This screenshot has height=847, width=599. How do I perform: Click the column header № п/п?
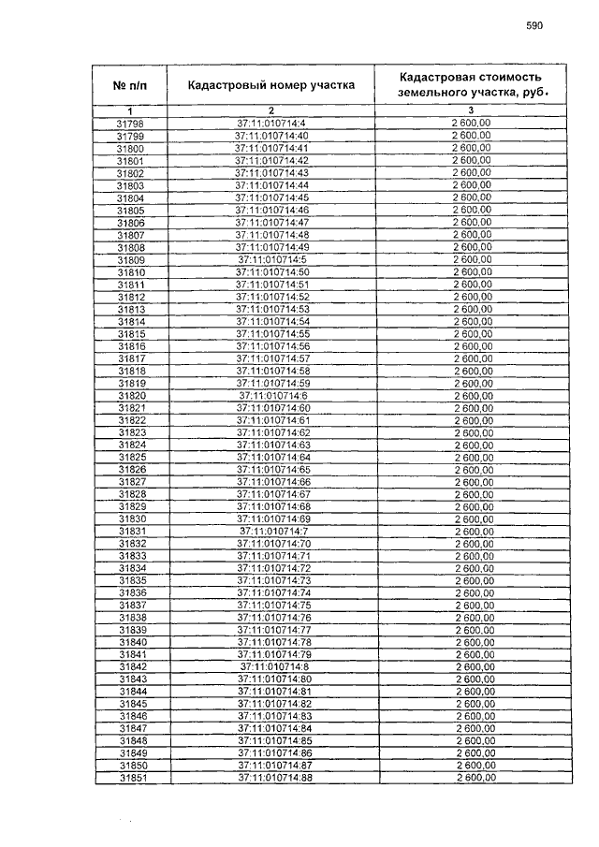point(130,85)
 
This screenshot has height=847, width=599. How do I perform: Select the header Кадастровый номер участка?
point(271,85)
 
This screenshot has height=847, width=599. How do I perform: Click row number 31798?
point(130,124)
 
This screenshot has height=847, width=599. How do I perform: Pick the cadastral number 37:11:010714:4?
point(271,124)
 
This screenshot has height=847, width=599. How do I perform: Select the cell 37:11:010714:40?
point(271,137)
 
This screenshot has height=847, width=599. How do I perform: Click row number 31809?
point(130,259)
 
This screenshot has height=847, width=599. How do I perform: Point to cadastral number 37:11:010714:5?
point(271,259)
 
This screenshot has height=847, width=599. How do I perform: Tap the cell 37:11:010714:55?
point(271,333)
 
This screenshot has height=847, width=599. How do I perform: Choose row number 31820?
point(130,395)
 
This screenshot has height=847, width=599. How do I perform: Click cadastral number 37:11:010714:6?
point(271,395)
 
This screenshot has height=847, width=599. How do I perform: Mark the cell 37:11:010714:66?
point(272,481)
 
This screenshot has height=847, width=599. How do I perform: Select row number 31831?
point(131,531)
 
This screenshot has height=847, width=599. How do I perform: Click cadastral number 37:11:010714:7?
point(272,531)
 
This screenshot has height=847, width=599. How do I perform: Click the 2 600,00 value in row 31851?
point(475,778)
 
